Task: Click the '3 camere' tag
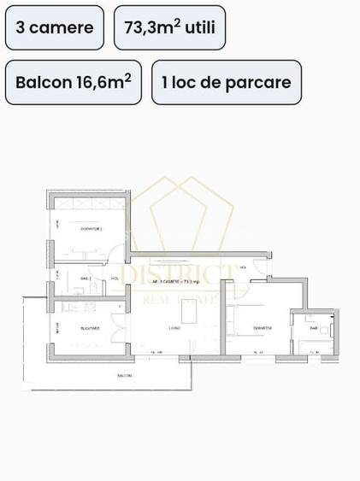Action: pyautogui.click(x=55, y=28)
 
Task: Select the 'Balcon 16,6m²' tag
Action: pyautogui.click(x=74, y=82)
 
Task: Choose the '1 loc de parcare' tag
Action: pyautogui.click(x=227, y=82)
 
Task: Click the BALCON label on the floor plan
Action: pyautogui.click(x=125, y=375)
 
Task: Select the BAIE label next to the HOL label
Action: pyautogui.click(x=86, y=279)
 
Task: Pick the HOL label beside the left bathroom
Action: pyautogui.click(x=115, y=279)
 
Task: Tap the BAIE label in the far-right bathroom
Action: pyautogui.click(x=314, y=327)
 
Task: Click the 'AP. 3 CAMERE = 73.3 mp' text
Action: pyautogui.click(x=175, y=280)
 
